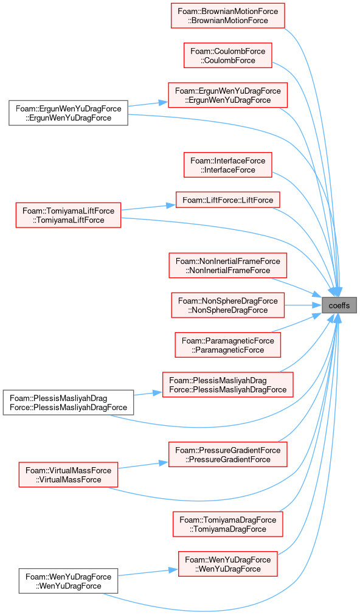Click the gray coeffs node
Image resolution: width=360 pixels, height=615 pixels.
pos(339,305)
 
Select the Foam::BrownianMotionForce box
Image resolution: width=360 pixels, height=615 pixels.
pos(228,16)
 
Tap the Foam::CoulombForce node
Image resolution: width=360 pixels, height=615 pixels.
pos(228,55)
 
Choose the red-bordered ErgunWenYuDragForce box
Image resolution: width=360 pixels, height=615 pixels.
pos(228,95)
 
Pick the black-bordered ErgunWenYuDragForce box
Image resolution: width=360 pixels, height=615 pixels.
pos(69,113)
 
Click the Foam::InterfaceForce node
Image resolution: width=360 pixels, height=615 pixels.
pos(228,165)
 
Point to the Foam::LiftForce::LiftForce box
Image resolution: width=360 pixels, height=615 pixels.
pos(228,200)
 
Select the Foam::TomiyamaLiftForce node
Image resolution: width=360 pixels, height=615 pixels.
pos(69,215)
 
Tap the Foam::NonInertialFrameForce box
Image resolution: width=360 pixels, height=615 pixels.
pos(228,266)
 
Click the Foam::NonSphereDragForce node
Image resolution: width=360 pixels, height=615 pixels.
pos(228,305)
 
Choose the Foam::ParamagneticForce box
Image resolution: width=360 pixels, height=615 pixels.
pos(228,345)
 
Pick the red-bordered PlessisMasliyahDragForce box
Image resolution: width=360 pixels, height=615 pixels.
pos(228,385)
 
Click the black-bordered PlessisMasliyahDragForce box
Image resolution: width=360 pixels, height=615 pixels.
pos(69,403)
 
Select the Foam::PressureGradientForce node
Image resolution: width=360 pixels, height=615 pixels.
pos(228,454)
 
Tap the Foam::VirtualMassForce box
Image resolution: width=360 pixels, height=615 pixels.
pos(69,474)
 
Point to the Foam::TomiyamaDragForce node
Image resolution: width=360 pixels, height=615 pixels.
pos(228,524)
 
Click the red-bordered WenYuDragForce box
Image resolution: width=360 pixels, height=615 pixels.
pos(228,564)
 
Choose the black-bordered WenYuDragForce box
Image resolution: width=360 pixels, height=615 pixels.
pos(69,581)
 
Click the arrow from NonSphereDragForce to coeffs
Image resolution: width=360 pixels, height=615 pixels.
pos(303,305)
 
